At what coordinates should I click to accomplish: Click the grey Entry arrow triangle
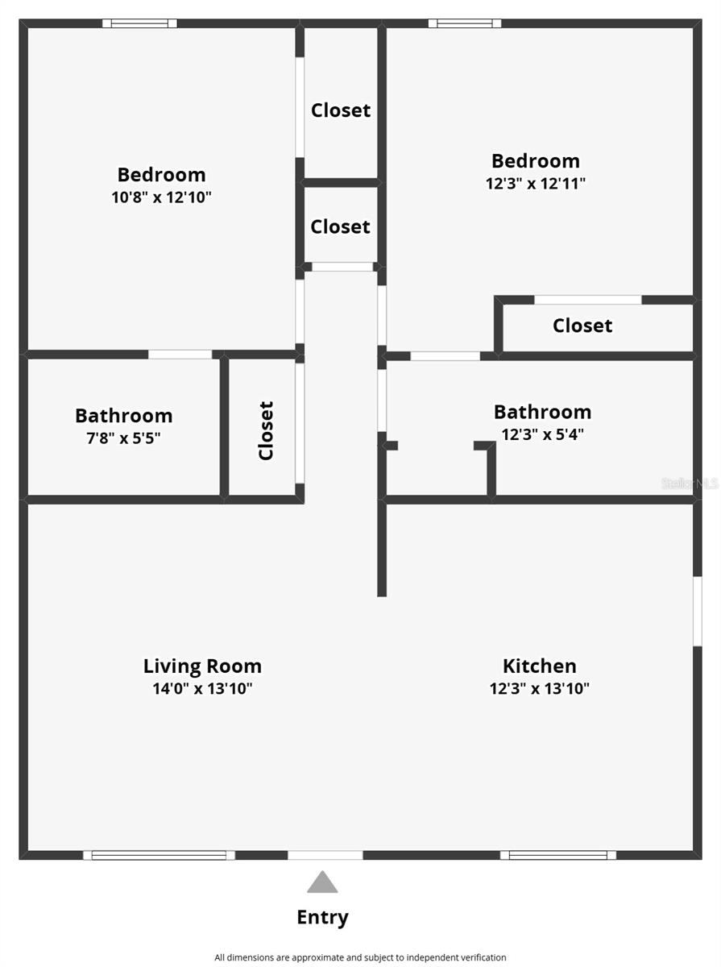[322, 882]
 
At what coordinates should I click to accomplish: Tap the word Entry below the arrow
[322, 917]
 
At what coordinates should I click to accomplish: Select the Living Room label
[202, 666]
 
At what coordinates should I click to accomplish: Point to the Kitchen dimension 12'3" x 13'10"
[540, 689]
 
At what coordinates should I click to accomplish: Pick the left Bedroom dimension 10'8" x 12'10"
[161, 197]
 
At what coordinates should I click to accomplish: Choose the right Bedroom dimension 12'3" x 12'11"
[536, 183]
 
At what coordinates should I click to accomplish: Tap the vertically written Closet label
[266, 431]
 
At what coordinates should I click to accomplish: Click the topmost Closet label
[341, 110]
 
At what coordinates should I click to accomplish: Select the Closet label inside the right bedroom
[582, 326]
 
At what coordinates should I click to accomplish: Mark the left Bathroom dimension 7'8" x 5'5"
[124, 438]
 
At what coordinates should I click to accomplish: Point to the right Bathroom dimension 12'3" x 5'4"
[542, 434]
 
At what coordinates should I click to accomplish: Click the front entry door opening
[325, 855]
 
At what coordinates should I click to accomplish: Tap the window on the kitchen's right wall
[697, 611]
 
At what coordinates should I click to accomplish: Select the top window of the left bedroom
[139, 23]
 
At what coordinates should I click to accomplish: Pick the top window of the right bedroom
[465, 23]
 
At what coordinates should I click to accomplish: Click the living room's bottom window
[159, 855]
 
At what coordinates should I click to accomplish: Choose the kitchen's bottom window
[557, 855]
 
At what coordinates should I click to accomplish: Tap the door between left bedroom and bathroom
[180, 354]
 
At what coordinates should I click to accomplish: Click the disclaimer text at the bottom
[360, 957]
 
